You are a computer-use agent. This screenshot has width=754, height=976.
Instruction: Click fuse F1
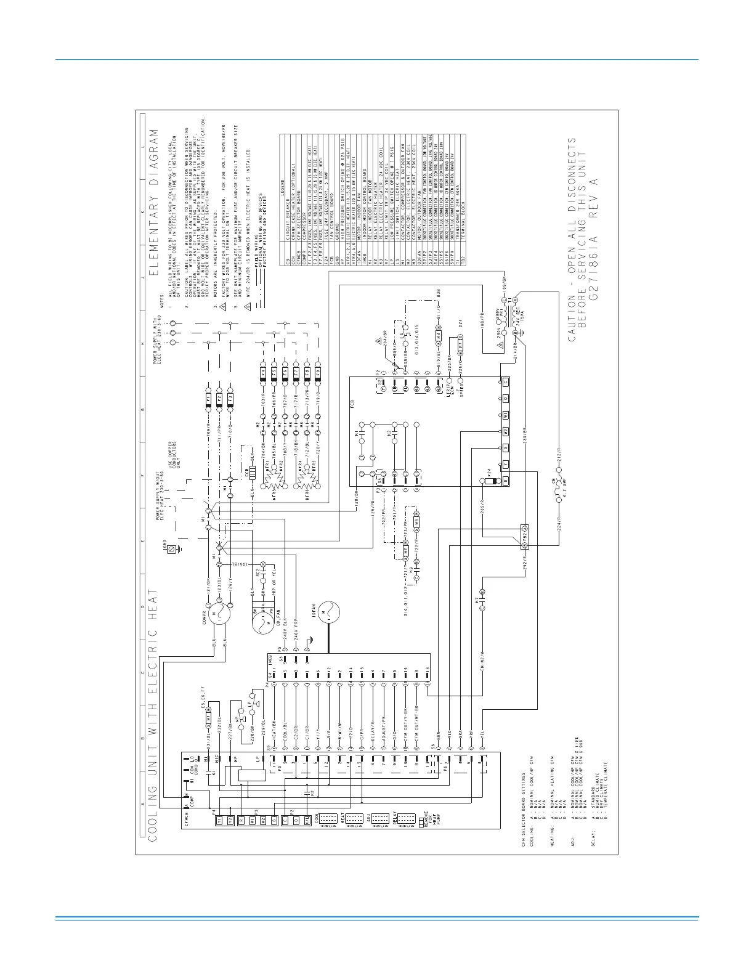tap(208, 399)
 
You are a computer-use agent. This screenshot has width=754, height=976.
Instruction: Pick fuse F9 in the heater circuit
tap(318, 373)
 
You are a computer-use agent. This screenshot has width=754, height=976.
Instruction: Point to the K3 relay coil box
tap(439, 338)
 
